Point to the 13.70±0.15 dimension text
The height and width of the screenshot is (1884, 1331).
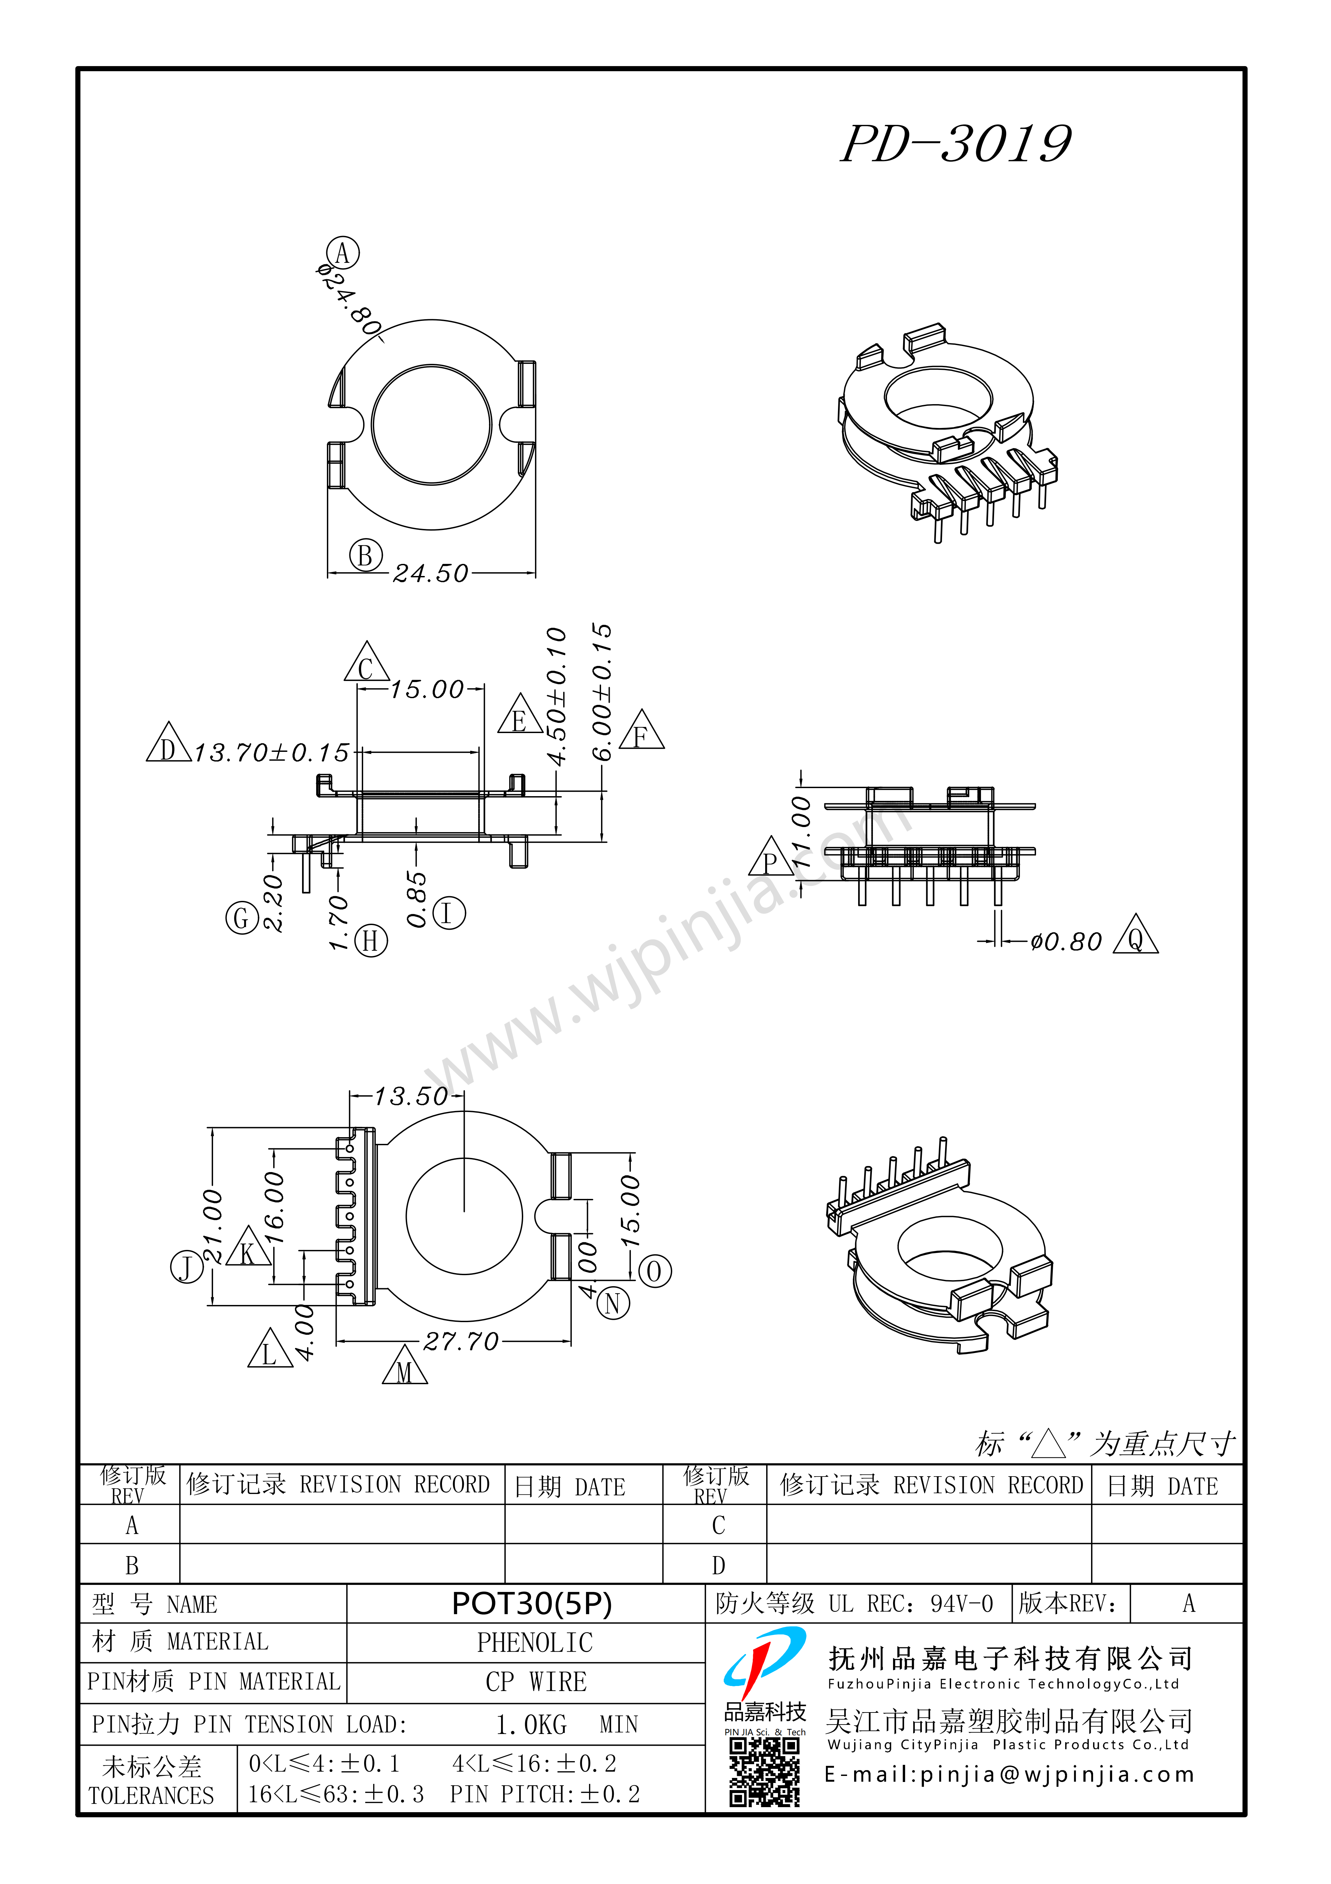272,753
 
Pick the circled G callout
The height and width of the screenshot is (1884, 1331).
242,917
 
